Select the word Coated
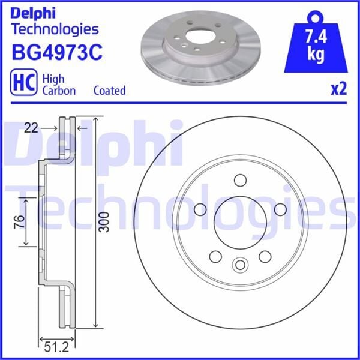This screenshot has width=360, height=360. (x=109, y=91)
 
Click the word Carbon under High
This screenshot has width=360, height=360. (x=58, y=91)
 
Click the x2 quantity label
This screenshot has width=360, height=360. (x=339, y=89)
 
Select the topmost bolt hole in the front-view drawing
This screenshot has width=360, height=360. (x=240, y=179)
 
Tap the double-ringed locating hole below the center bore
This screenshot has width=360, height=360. (x=240, y=264)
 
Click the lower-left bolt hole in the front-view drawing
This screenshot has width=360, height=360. (x=215, y=256)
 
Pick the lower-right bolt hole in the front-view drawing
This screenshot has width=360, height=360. (x=265, y=256)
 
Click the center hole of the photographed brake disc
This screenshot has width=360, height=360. (x=196, y=36)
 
